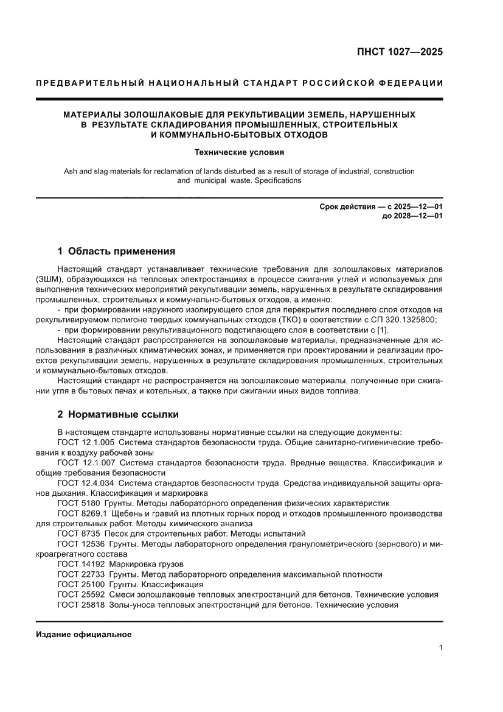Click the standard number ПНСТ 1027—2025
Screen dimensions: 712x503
(x=399, y=52)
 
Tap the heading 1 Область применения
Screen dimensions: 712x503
(x=116, y=250)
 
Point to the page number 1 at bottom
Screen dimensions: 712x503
(x=440, y=648)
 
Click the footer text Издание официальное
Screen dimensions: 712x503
(x=84, y=634)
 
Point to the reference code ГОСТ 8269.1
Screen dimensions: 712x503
(x=82, y=513)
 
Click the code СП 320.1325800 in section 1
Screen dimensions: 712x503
(x=404, y=320)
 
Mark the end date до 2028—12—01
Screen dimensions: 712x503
(x=412, y=217)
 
